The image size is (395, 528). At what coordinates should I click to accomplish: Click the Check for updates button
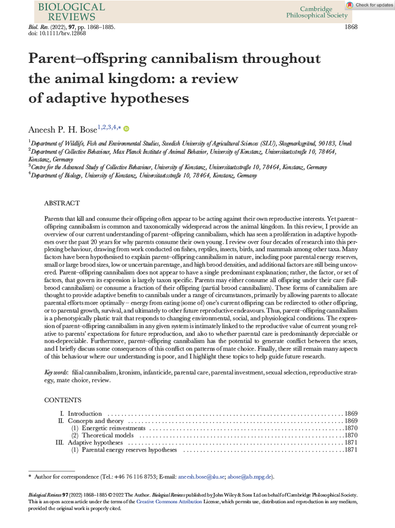point(370,5)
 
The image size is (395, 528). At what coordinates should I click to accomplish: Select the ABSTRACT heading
point(62,204)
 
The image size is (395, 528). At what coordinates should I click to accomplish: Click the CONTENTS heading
point(63,400)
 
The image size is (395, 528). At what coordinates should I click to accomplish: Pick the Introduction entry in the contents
point(85,414)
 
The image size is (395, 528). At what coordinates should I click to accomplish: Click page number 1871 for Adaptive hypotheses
point(351,442)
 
